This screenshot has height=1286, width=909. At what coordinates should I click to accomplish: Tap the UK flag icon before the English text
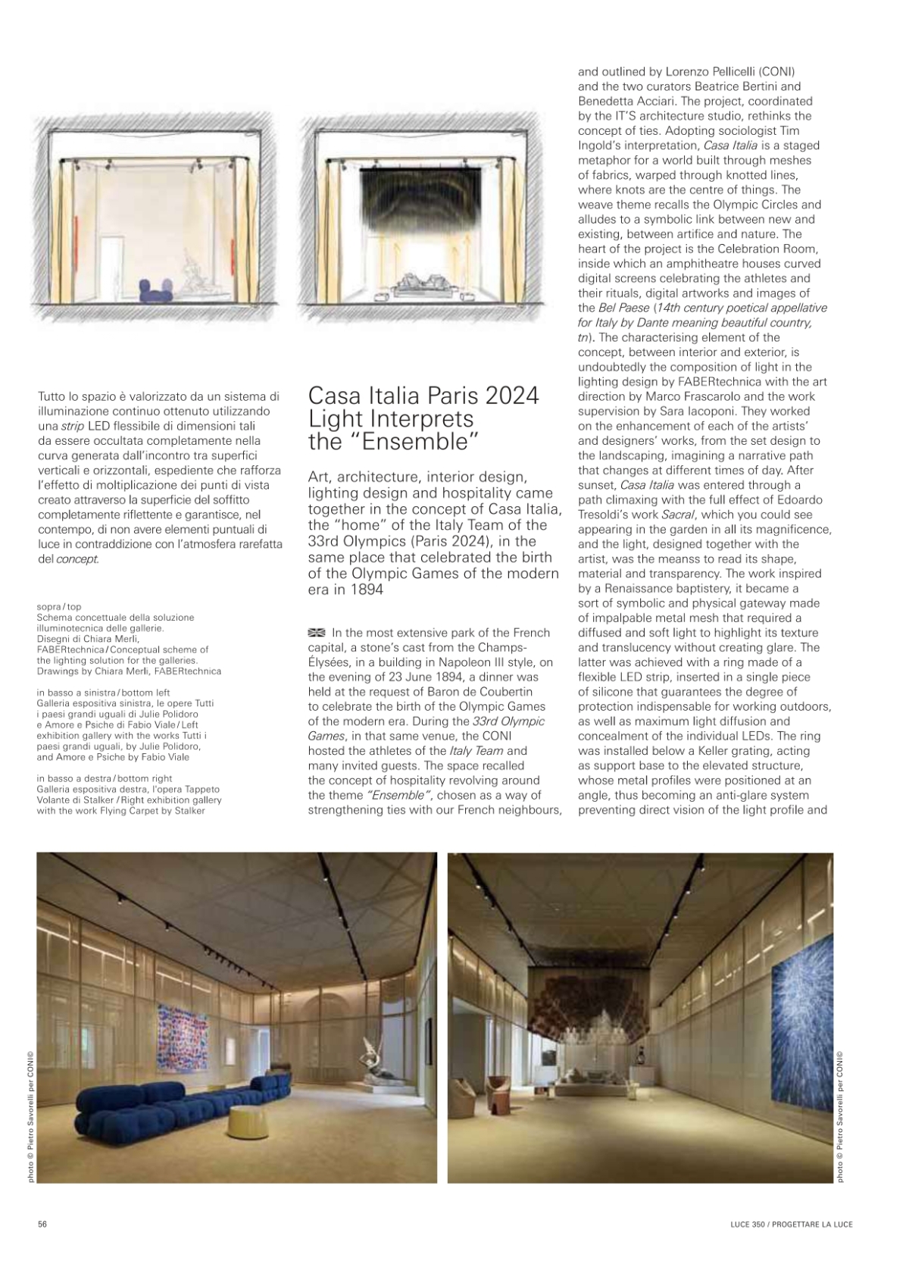pos(317,633)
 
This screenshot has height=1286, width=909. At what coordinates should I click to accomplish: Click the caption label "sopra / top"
pos(58,607)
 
